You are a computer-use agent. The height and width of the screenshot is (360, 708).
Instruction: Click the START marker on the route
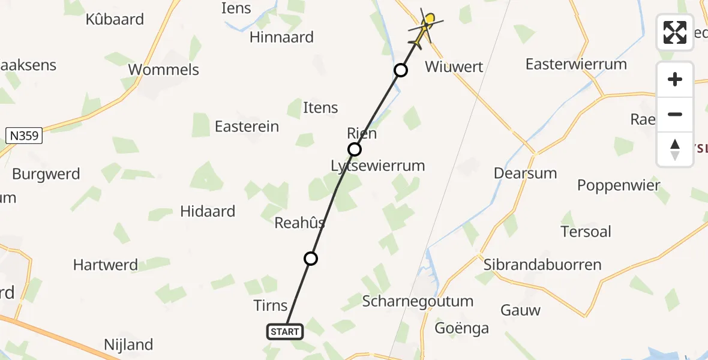click(x=285, y=331)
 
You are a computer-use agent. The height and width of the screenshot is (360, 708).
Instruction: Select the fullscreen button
click(x=675, y=32)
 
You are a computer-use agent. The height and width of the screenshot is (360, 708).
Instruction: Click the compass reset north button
click(x=675, y=149)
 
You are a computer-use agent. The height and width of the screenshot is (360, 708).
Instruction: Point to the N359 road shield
click(x=25, y=136)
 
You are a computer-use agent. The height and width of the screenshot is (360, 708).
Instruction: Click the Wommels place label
click(x=164, y=70)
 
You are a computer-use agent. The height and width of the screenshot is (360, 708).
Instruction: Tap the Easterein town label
click(x=247, y=127)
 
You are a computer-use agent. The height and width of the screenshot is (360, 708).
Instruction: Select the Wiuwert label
click(x=454, y=67)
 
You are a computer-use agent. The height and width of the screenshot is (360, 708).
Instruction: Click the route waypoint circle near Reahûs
click(x=311, y=259)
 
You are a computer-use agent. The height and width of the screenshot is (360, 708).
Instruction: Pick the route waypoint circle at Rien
click(x=355, y=149)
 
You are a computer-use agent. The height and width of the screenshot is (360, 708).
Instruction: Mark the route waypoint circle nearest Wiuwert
click(x=401, y=71)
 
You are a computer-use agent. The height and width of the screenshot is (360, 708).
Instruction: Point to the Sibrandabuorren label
click(x=542, y=265)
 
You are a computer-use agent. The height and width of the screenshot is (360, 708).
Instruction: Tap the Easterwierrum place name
click(x=575, y=64)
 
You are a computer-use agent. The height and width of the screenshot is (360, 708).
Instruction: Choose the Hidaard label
click(x=208, y=211)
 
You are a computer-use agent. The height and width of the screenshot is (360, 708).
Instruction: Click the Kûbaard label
click(x=115, y=19)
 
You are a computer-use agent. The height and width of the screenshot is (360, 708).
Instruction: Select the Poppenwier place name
click(x=619, y=185)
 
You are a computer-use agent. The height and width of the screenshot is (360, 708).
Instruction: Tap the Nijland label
click(x=128, y=345)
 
